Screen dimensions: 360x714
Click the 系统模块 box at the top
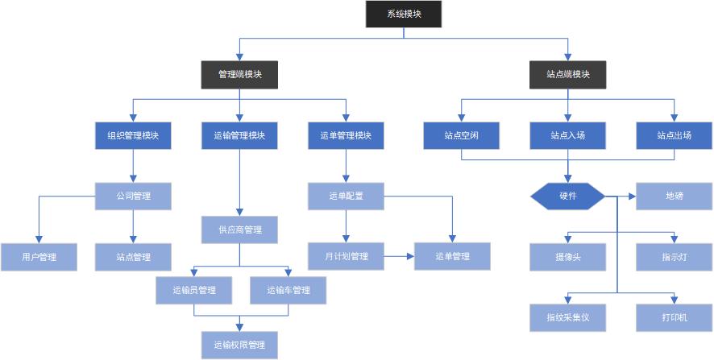point(404,14)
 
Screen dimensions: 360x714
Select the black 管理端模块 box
point(239,74)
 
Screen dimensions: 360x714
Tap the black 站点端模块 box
point(568,74)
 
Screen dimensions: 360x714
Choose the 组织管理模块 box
point(133,135)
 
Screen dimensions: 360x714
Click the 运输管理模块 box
point(239,135)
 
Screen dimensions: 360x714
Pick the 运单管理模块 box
point(346,135)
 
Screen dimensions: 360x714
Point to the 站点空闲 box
point(461,135)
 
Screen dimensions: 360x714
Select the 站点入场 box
point(568,135)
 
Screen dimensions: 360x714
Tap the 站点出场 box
point(675,135)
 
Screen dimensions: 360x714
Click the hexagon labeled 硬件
point(568,197)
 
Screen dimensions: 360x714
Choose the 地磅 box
point(675,197)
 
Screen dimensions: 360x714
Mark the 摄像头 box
point(568,257)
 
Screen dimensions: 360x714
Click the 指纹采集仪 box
point(568,317)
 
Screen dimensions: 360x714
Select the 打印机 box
point(675,317)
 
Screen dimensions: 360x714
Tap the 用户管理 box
point(39,257)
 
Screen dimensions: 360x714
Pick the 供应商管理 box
point(239,230)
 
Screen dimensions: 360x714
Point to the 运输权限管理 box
point(239,345)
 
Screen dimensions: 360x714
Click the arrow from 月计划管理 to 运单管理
point(399,256)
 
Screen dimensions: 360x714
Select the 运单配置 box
point(346,196)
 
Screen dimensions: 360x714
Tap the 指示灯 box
point(675,257)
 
